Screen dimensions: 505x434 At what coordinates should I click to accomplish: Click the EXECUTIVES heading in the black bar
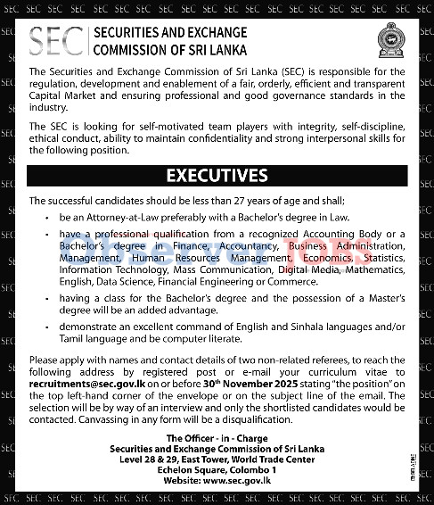point(217,175)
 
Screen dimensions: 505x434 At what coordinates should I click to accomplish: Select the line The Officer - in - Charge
point(217,436)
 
